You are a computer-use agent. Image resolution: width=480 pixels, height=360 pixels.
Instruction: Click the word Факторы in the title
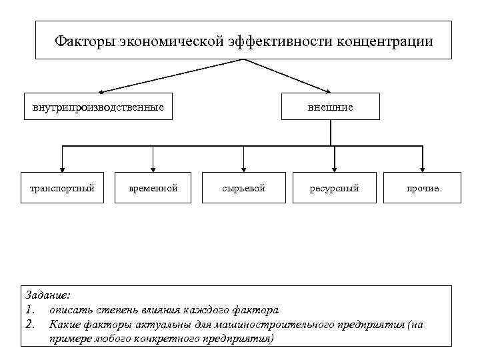pyautogui.click(x=84, y=41)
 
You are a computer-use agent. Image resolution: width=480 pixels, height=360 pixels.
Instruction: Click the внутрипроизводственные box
pyautogui.click(x=98, y=107)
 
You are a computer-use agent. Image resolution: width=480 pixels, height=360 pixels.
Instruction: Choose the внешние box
pyautogui.click(x=331, y=107)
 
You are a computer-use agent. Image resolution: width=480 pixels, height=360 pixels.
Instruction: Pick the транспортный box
pyautogui.click(x=62, y=188)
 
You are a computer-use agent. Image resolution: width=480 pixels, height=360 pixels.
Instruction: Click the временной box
pyautogui.click(x=153, y=188)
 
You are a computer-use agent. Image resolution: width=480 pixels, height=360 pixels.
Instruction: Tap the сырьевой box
pyautogui.click(x=243, y=188)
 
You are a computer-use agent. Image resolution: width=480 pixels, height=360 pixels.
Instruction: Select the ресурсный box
pyautogui.click(x=334, y=188)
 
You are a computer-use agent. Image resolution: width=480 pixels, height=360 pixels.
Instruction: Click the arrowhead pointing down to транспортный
pyautogui.click(x=62, y=168)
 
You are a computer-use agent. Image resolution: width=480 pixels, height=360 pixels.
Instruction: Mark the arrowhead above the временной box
pyautogui.click(x=153, y=168)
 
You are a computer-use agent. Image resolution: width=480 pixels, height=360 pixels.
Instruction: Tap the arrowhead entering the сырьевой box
pyautogui.click(x=243, y=168)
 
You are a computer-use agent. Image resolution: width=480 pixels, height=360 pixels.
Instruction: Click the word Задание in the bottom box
pyautogui.click(x=47, y=295)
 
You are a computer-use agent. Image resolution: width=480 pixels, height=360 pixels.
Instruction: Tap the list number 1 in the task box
pyautogui.click(x=29, y=309)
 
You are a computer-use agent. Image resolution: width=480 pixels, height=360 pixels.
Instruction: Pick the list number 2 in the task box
pyautogui.click(x=29, y=325)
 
